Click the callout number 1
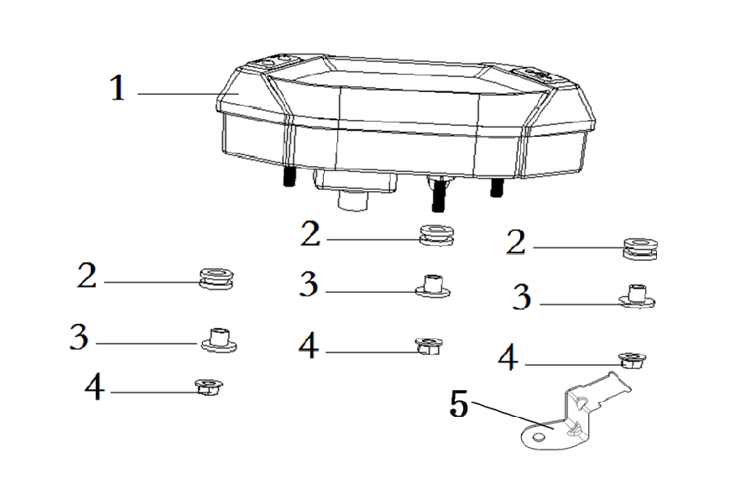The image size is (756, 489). (x=117, y=88)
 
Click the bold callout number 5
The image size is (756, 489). (x=459, y=403)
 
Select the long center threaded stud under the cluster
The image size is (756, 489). (x=438, y=195)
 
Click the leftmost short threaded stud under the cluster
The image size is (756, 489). (x=289, y=176)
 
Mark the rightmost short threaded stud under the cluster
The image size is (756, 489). (x=497, y=187)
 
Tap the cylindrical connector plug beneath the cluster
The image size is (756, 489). (x=353, y=199)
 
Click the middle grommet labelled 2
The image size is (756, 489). (x=436, y=235)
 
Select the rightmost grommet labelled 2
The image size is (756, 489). (x=640, y=248)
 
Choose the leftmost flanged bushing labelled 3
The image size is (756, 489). (x=219, y=341)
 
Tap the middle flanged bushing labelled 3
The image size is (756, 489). (x=433, y=286)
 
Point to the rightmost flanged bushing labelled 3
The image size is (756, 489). (x=637, y=296)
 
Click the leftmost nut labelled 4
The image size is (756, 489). (x=208, y=387)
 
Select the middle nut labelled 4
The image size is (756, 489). (x=429, y=346)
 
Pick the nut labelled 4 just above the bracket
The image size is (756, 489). (x=632, y=361)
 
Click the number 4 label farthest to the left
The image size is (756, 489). (x=95, y=387)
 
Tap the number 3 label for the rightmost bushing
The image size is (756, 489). (x=522, y=297)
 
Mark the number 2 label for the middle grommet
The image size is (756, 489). (x=310, y=234)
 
